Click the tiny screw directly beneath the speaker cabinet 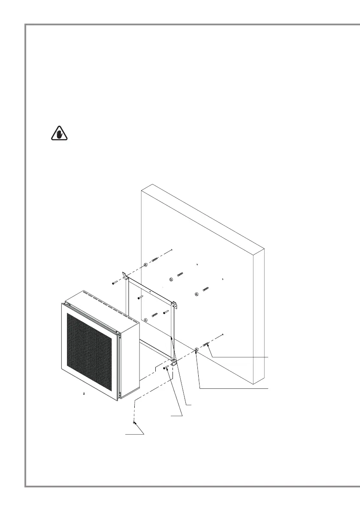point(84,393)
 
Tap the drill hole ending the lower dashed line point(223,334)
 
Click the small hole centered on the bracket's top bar point(150,291)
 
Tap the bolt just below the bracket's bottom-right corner point(165,367)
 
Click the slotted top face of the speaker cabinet point(103,301)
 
